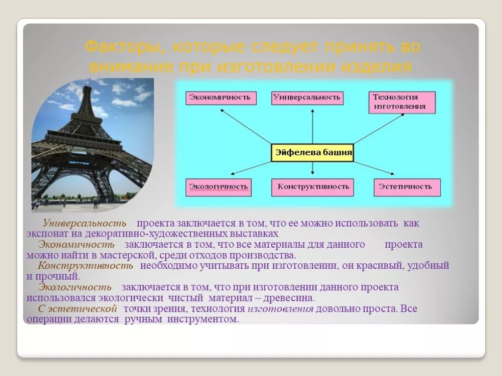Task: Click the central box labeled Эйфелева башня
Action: click(x=313, y=153)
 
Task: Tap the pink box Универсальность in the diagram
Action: click(x=307, y=97)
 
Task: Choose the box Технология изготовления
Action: click(x=402, y=102)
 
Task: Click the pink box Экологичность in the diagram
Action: click(x=219, y=187)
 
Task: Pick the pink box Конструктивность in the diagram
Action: click(x=313, y=187)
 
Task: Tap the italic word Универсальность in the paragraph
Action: click(x=84, y=223)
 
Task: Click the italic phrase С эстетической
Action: click(x=77, y=308)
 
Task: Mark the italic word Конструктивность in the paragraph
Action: click(x=85, y=266)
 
